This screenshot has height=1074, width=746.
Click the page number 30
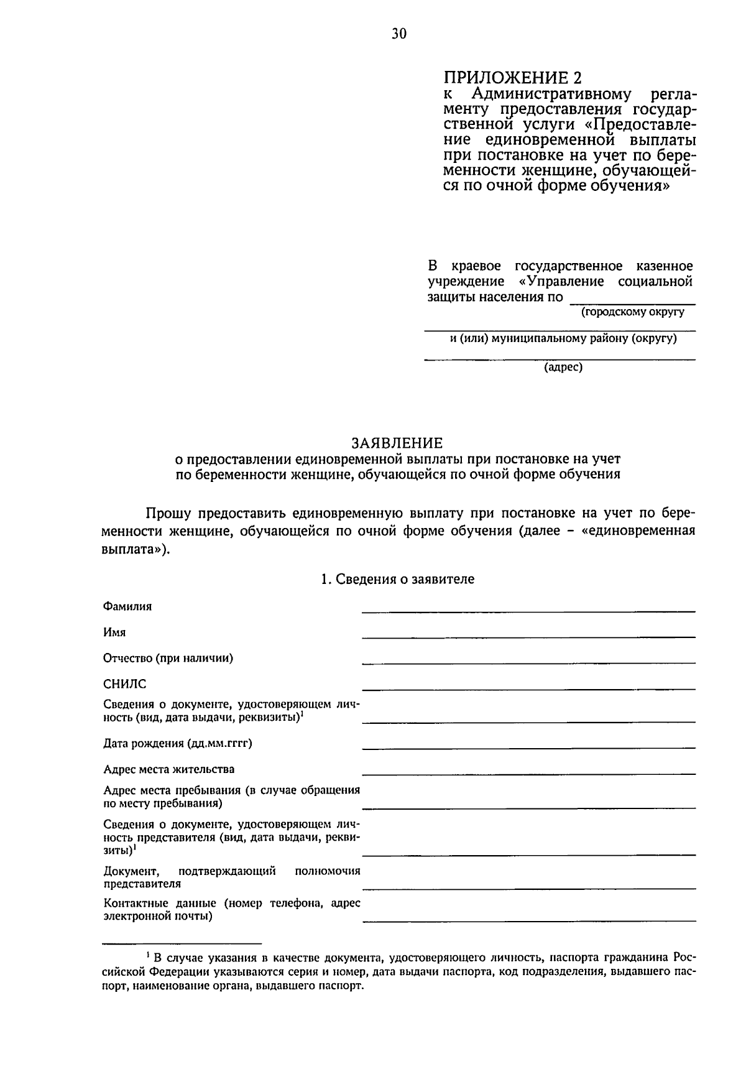(x=399, y=34)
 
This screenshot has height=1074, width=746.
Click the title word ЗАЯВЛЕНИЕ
(x=397, y=443)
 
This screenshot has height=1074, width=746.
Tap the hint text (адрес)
(x=563, y=367)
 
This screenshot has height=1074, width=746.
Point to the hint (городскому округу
(x=633, y=312)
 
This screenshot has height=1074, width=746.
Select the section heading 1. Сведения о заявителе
(x=397, y=579)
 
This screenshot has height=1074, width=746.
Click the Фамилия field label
(x=127, y=606)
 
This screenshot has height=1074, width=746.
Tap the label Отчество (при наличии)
(x=168, y=658)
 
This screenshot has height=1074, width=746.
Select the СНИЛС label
(x=125, y=684)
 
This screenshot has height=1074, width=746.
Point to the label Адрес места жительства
(x=169, y=769)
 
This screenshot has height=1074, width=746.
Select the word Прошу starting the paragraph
(x=167, y=514)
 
